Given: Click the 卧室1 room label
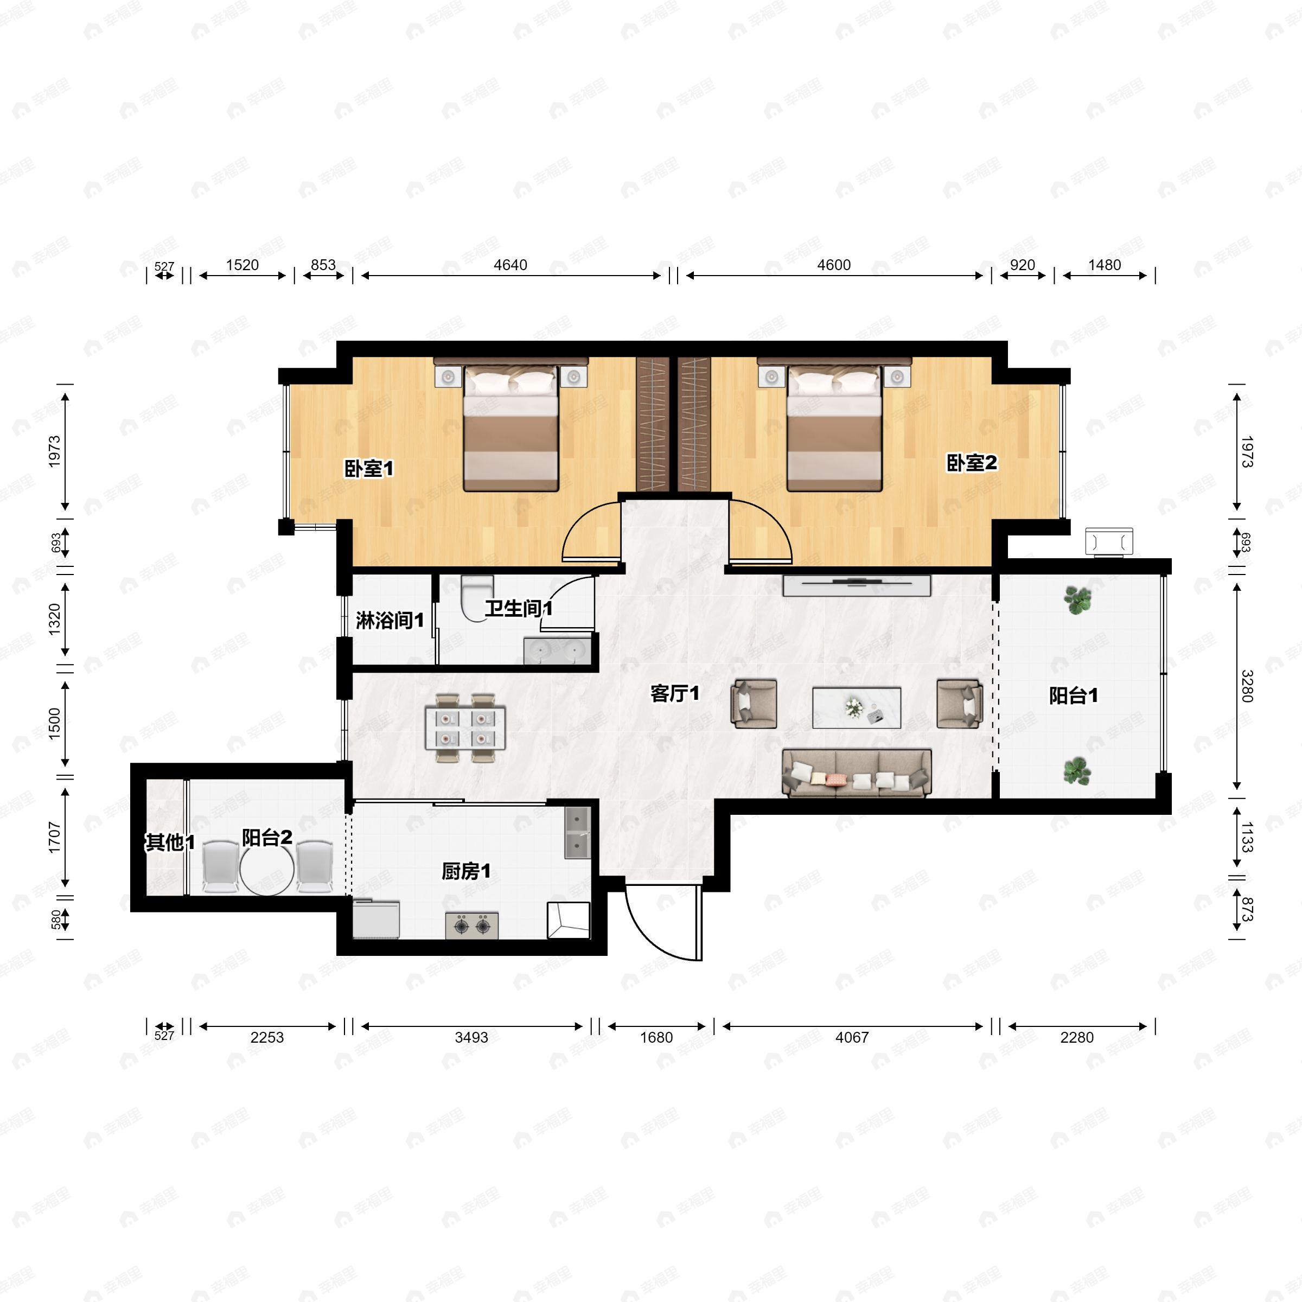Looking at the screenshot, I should click(x=369, y=468).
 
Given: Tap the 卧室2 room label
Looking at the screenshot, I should click(x=971, y=463).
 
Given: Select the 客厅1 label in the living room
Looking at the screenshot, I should click(x=674, y=693).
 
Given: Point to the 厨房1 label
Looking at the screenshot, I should click(x=465, y=871).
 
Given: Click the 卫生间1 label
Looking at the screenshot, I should click(x=518, y=609).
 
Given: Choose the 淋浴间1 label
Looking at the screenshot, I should click(x=390, y=620).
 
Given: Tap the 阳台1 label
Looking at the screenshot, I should click(x=1073, y=695).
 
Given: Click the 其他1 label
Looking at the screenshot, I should click(x=170, y=843).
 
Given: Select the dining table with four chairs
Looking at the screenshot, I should click(x=465, y=728).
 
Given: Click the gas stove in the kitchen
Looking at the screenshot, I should click(x=472, y=926).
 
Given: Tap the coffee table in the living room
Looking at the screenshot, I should click(x=856, y=707).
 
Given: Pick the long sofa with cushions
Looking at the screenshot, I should click(x=857, y=773).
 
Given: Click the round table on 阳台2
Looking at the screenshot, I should click(x=267, y=869).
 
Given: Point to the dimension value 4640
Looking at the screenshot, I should click(x=510, y=265).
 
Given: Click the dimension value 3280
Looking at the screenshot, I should click(x=1246, y=686).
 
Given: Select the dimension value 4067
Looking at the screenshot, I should click(x=852, y=1037).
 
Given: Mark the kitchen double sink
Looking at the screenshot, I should click(x=576, y=832).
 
